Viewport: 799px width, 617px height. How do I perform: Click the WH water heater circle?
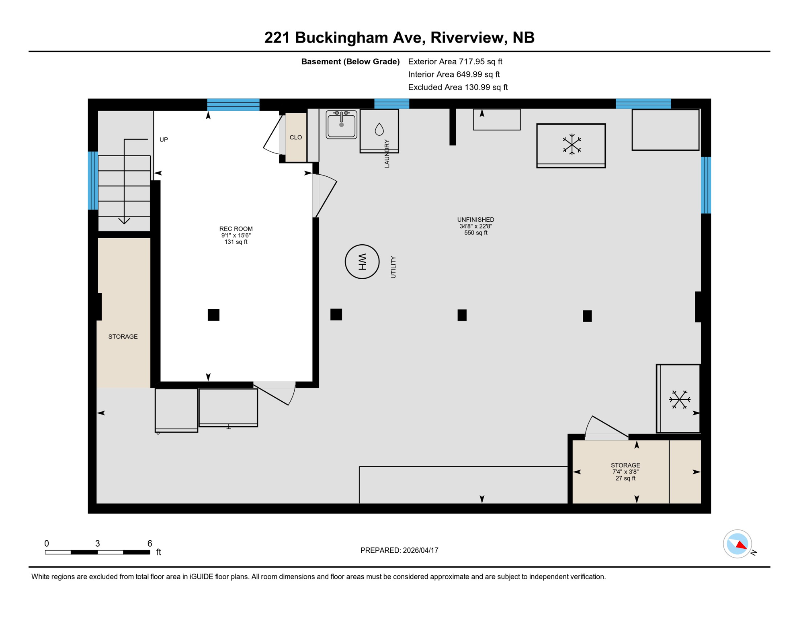coord(362,262)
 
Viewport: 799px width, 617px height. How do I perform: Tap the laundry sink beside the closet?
coord(341,124)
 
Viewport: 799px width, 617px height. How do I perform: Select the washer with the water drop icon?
coord(379,131)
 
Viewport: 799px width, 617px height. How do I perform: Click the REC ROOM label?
coord(236,229)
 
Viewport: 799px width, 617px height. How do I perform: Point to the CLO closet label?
coord(295,137)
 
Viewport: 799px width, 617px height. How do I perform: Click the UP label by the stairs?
coord(164,139)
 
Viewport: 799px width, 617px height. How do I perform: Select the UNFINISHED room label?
coord(475,220)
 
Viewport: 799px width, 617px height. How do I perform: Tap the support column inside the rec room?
coord(213,315)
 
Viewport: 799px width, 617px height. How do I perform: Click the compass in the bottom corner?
coord(737,543)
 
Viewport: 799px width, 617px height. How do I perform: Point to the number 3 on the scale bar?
coord(97,543)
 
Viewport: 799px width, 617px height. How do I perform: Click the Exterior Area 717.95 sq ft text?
coord(455,61)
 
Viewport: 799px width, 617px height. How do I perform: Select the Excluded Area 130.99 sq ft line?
coord(458,87)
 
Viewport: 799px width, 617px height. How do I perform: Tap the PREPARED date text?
coord(399,550)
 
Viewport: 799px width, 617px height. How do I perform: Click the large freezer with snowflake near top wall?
coord(571,145)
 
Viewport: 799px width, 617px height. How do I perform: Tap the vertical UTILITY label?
coord(393,267)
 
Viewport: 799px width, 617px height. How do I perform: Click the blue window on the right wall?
coord(706,185)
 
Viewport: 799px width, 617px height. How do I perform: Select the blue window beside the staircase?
coord(93,180)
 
